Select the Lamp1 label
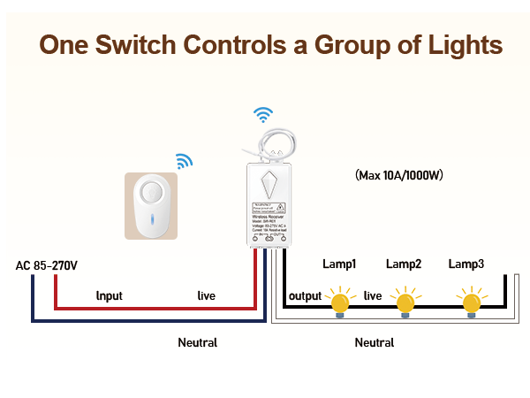pos(339,264)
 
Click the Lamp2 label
pos(404,264)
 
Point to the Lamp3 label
pos(466,264)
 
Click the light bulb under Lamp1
pos(339,301)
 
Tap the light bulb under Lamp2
pos(405,301)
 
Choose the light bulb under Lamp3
pos(472,301)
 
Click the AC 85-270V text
pos(47,265)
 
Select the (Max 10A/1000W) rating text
pos(398,175)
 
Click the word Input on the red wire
pos(110,295)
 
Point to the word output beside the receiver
pos(304,295)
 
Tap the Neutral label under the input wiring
pos(197,342)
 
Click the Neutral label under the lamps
pos(375,342)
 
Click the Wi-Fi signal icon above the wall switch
pos(184,161)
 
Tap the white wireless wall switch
pos(151,206)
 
